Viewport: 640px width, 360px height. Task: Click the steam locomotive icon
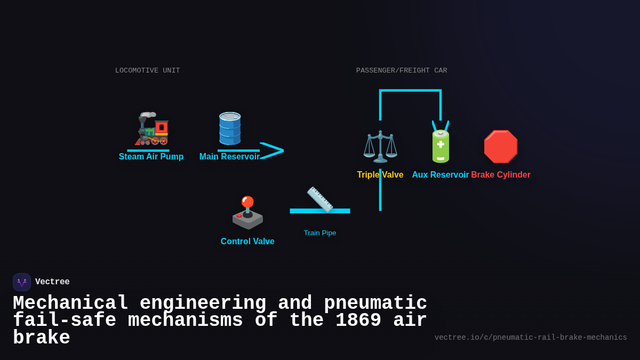(151, 129)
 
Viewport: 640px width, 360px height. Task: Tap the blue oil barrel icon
(230, 128)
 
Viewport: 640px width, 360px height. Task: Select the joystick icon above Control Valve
(247, 212)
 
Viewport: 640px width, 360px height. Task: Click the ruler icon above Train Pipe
(320, 199)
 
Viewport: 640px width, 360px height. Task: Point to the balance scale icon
(380, 146)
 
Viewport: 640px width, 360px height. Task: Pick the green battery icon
(441, 146)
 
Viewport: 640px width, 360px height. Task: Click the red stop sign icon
(501, 146)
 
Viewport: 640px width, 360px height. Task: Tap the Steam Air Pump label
(151, 157)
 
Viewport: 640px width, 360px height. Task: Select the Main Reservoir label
(229, 157)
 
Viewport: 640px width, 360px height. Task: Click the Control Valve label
(247, 242)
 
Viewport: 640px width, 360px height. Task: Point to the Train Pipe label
(320, 233)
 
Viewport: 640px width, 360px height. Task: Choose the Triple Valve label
(380, 175)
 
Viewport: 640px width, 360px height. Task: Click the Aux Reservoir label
(441, 175)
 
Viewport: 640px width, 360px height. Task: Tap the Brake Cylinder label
(501, 175)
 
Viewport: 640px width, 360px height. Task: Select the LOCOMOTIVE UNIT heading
(148, 71)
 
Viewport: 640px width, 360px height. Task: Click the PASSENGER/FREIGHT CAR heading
(402, 71)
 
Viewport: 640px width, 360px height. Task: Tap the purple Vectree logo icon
(22, 282)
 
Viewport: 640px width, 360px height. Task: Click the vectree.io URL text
(531, 338)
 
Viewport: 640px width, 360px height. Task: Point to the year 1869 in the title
(358, 321)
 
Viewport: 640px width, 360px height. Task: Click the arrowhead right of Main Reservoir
(273, 150)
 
